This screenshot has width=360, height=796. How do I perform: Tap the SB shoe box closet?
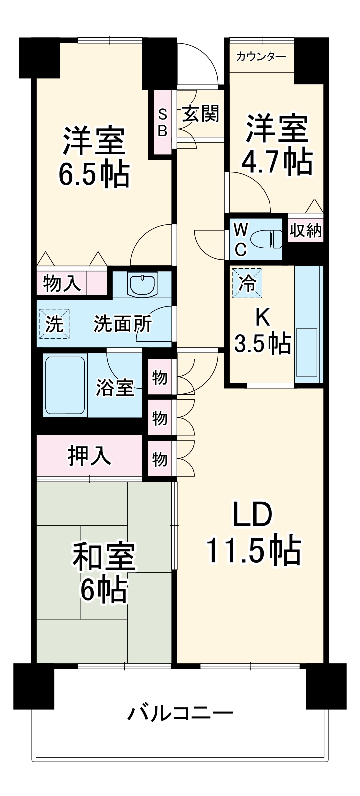pos(163,122)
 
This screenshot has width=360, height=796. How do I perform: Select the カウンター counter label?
pos(261,56)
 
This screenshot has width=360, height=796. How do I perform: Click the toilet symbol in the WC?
pos(267,238)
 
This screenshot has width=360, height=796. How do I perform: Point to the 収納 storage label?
pos(306,231)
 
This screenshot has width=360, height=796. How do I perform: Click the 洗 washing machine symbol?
pos(54,324)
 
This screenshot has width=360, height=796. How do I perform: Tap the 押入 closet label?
pos(90,455)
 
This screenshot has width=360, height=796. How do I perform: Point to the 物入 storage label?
pos(62,284)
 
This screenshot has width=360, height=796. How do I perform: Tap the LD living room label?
pos(253,516)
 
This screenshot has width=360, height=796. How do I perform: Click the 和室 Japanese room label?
pos(104,557)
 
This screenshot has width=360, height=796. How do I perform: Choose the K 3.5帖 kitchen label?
pos(262,331)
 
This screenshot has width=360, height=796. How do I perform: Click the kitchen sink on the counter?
pos(307,352)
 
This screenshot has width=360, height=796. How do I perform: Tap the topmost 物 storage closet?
pos(160,378)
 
